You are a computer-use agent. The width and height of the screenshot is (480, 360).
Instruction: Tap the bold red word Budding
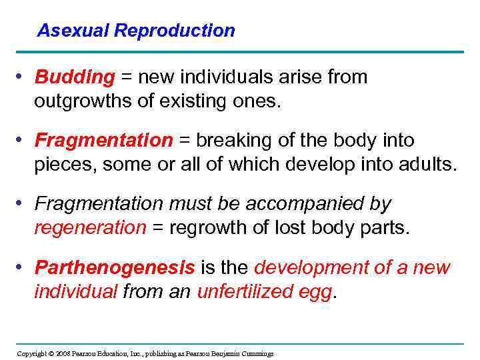pyautogui.click(x=75, y=78)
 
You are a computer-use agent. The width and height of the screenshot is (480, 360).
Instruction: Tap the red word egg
pyautogui.click(x=316, y=291)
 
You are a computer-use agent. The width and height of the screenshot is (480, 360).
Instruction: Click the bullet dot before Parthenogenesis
pyautogui.click(x=22, y=267)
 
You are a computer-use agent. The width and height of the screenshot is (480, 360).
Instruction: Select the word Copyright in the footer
pyautogui.click(x=31, y=353)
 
